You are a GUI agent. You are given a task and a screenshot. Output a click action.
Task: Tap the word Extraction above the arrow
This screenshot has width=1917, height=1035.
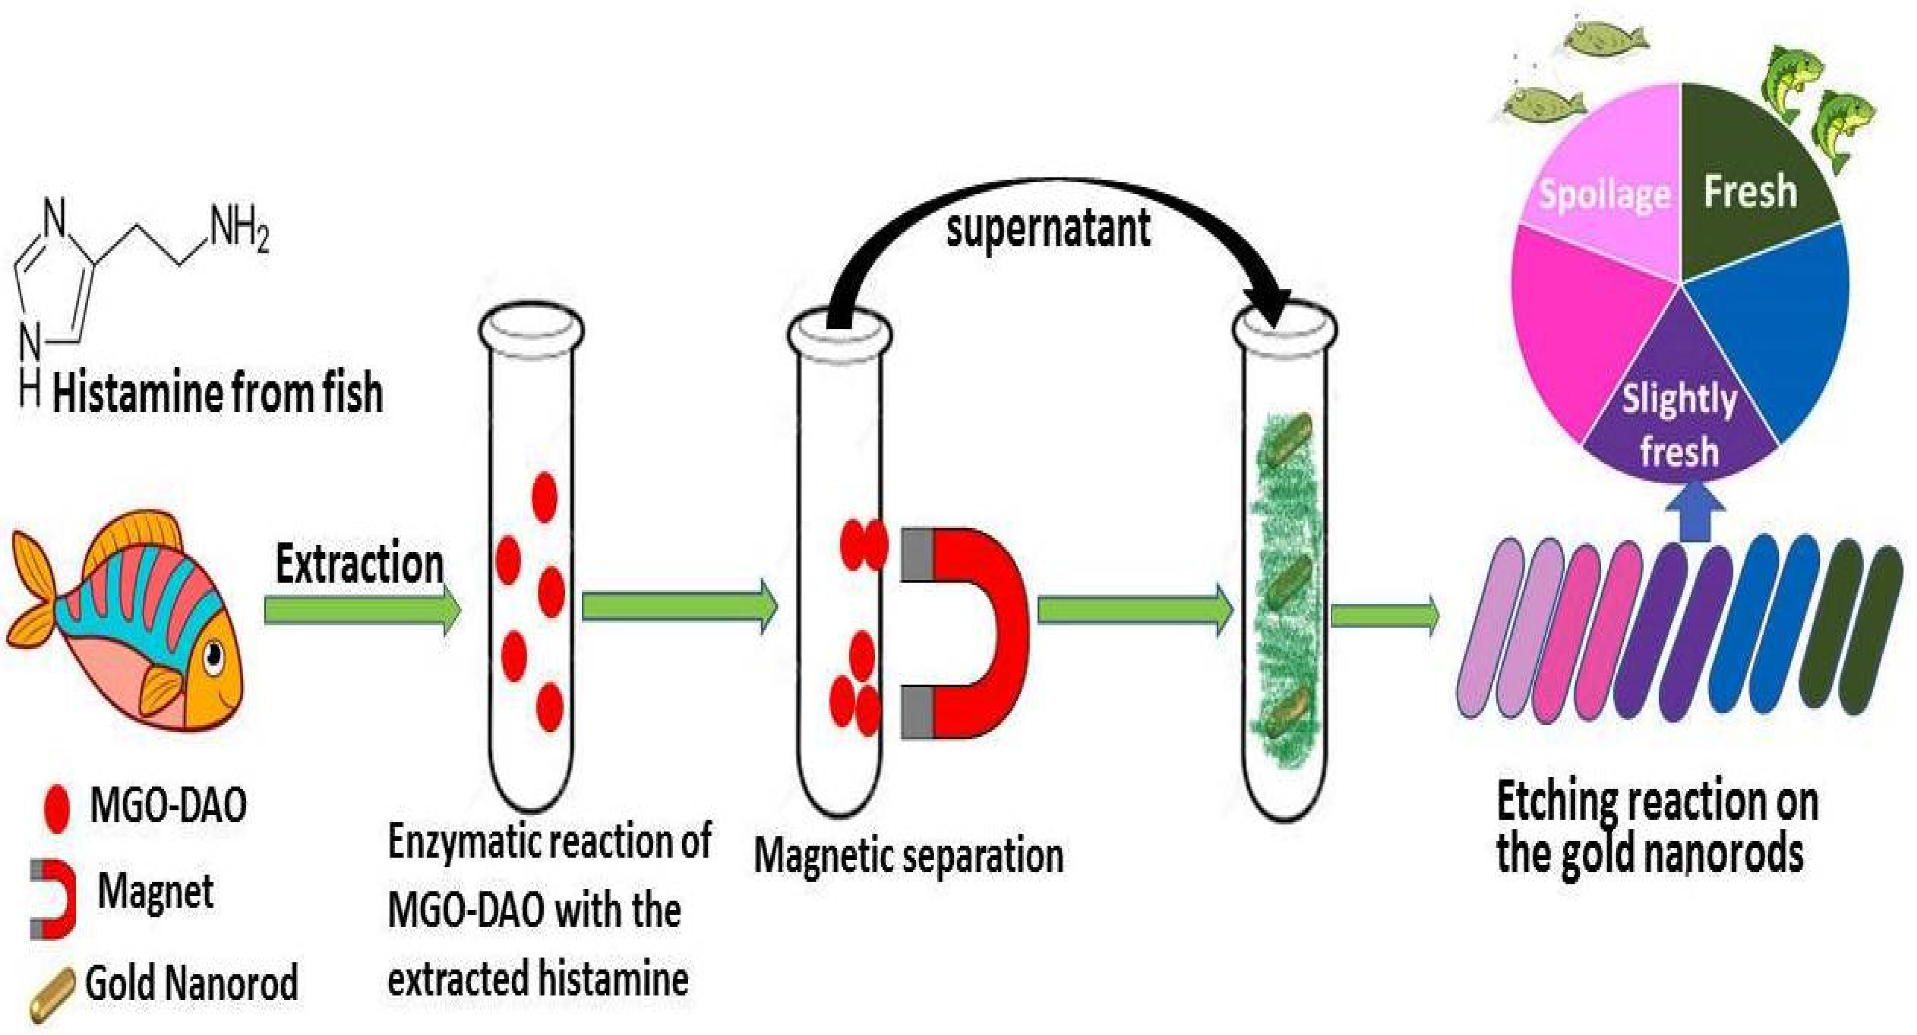point(360,564)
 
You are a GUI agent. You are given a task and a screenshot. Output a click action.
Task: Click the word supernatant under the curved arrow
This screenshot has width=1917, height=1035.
point(1048,229)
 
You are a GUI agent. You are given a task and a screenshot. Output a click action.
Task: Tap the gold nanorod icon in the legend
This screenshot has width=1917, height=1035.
point(52,994)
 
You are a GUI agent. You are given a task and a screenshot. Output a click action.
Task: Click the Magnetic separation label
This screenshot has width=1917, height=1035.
point(908,856)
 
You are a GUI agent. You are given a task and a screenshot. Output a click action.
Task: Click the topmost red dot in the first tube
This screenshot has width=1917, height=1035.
point(545,497)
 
